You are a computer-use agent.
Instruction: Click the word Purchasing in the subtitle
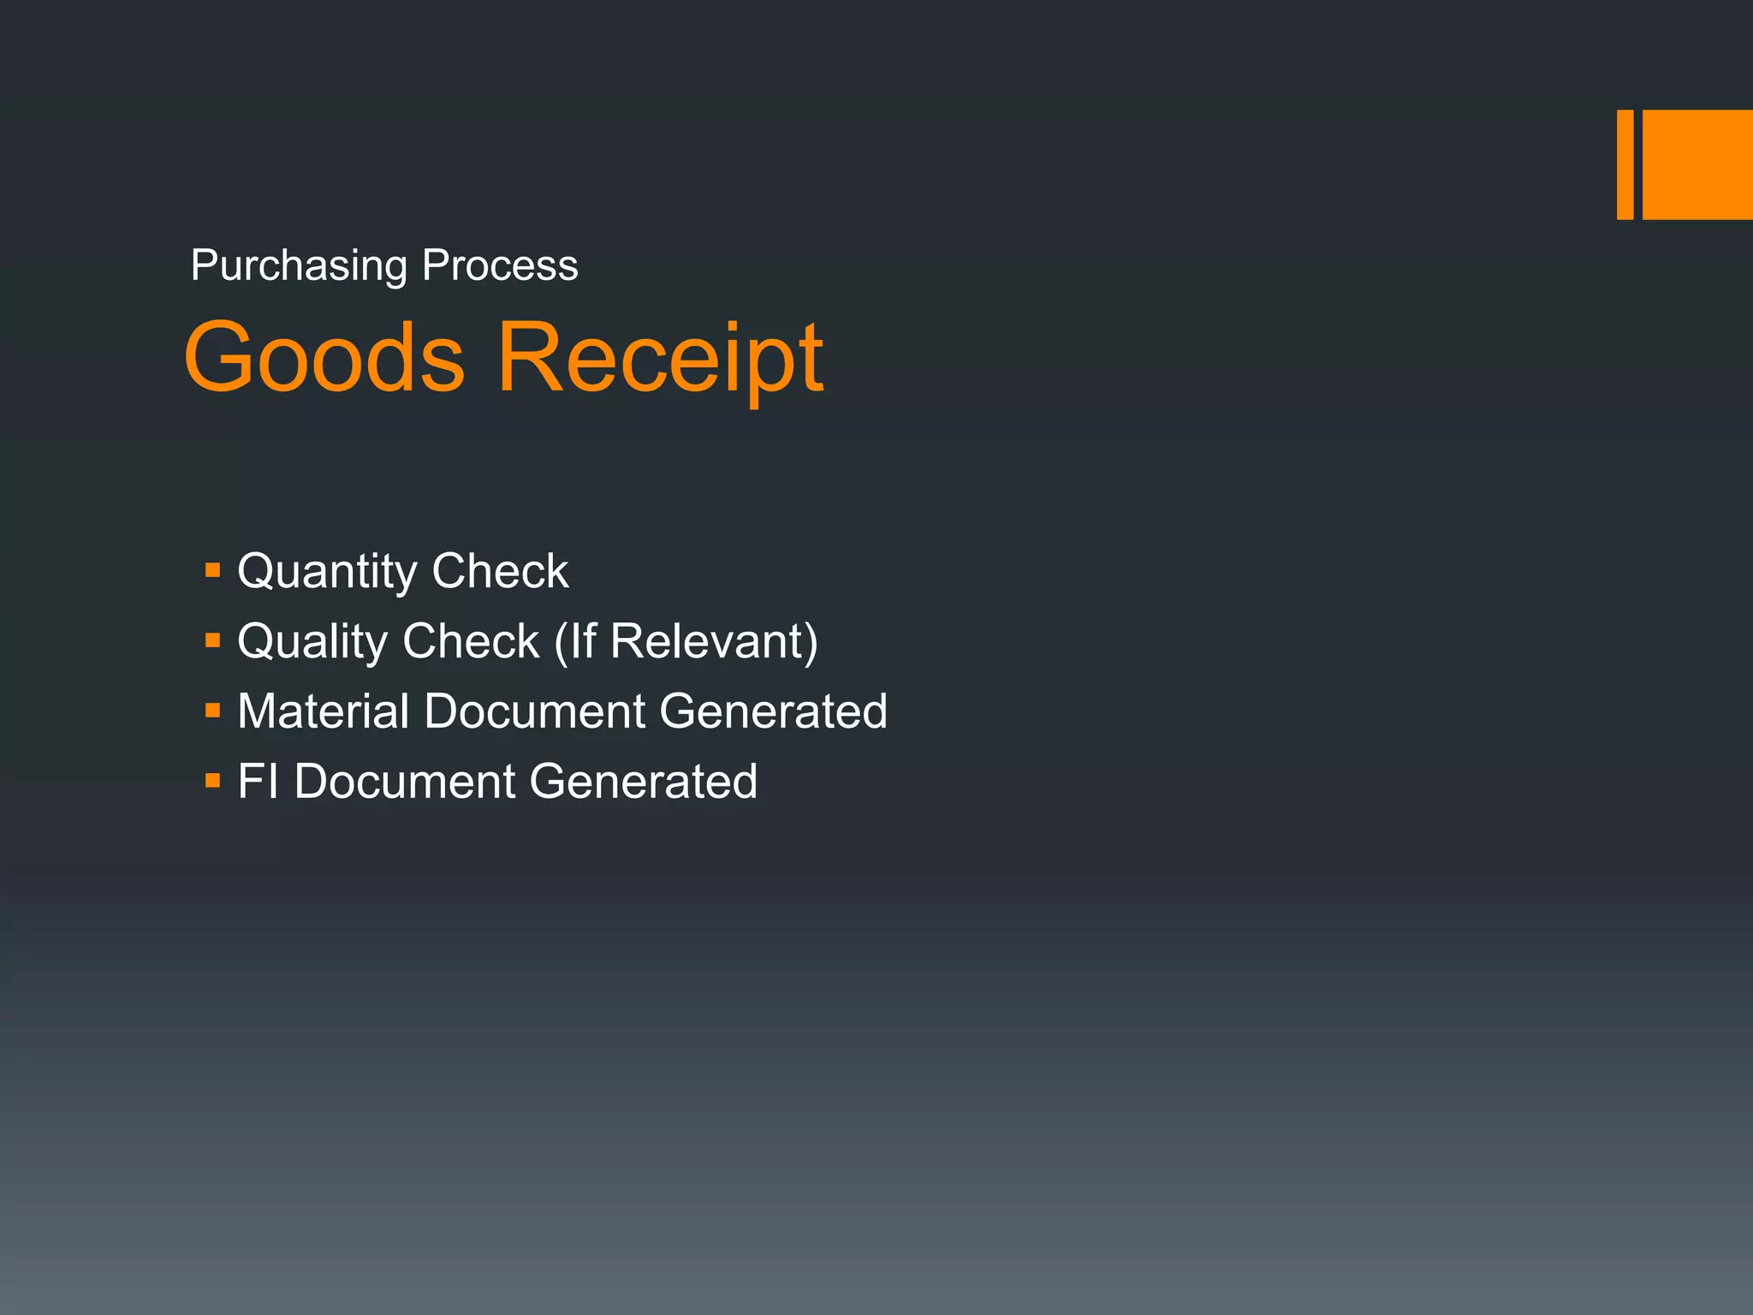tap(299, 266)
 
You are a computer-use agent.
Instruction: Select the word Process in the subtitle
tap(500, 265)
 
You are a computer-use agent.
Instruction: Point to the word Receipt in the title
tap(660, 360)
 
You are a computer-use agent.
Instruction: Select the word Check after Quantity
tap(500, 571)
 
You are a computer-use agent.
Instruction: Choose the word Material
tap(323, 711)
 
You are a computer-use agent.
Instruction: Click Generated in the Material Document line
tap(774, 711)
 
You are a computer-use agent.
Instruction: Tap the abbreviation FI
tap(258, 782)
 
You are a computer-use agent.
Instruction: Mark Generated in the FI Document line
tap(644, 782)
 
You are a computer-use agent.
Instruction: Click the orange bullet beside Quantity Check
tap(213, 570)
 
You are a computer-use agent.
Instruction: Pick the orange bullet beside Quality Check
tap(213, 640)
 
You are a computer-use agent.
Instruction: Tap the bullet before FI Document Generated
tap(213, 781)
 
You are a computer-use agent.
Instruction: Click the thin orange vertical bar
tap(1625, 164)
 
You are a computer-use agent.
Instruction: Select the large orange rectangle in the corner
tap(1697, 164)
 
